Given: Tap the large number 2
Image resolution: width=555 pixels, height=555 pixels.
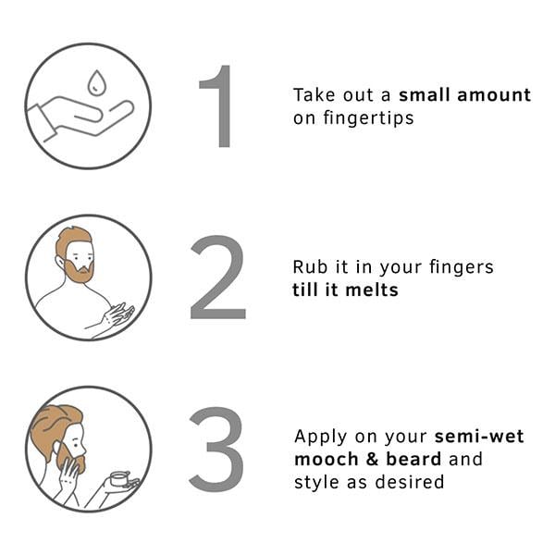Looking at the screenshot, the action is tap(218, 277).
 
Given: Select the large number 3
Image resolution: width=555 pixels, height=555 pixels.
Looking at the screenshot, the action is tap(217, 449).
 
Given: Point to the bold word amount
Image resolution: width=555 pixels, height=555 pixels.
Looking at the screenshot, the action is tap(494, 95).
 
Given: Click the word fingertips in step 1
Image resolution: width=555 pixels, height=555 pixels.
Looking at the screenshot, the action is tap(368, 117).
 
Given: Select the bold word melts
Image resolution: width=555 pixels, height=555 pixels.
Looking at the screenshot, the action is tap(372, 290).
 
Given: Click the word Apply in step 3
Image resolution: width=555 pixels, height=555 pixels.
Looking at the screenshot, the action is tap(321, 438).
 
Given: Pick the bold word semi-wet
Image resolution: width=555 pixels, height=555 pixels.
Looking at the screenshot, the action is tap(479, 436).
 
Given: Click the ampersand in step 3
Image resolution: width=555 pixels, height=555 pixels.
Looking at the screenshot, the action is tap(373, 459).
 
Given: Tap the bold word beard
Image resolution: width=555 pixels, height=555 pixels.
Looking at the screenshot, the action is tap(413, 459).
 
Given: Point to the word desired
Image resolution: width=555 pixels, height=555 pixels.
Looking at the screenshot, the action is tap(410, 482).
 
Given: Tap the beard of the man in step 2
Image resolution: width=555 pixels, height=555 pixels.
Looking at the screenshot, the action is tap(80, 271).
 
